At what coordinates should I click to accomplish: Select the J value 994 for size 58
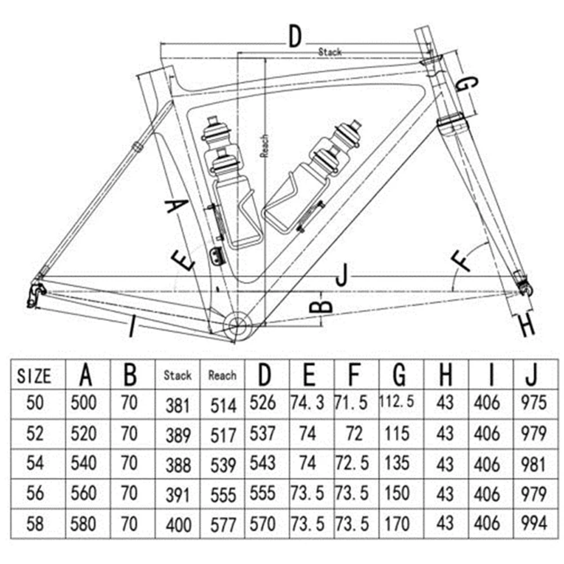point(534,522)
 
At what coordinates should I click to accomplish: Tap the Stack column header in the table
point(178,374)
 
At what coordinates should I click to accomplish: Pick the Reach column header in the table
point(222,374)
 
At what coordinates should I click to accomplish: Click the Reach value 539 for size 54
point(222,464)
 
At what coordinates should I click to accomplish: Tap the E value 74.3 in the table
point(307,403)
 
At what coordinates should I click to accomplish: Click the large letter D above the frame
point(294,37)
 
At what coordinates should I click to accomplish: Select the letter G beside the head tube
point(466,85)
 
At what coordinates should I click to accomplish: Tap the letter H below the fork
point(526,325)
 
